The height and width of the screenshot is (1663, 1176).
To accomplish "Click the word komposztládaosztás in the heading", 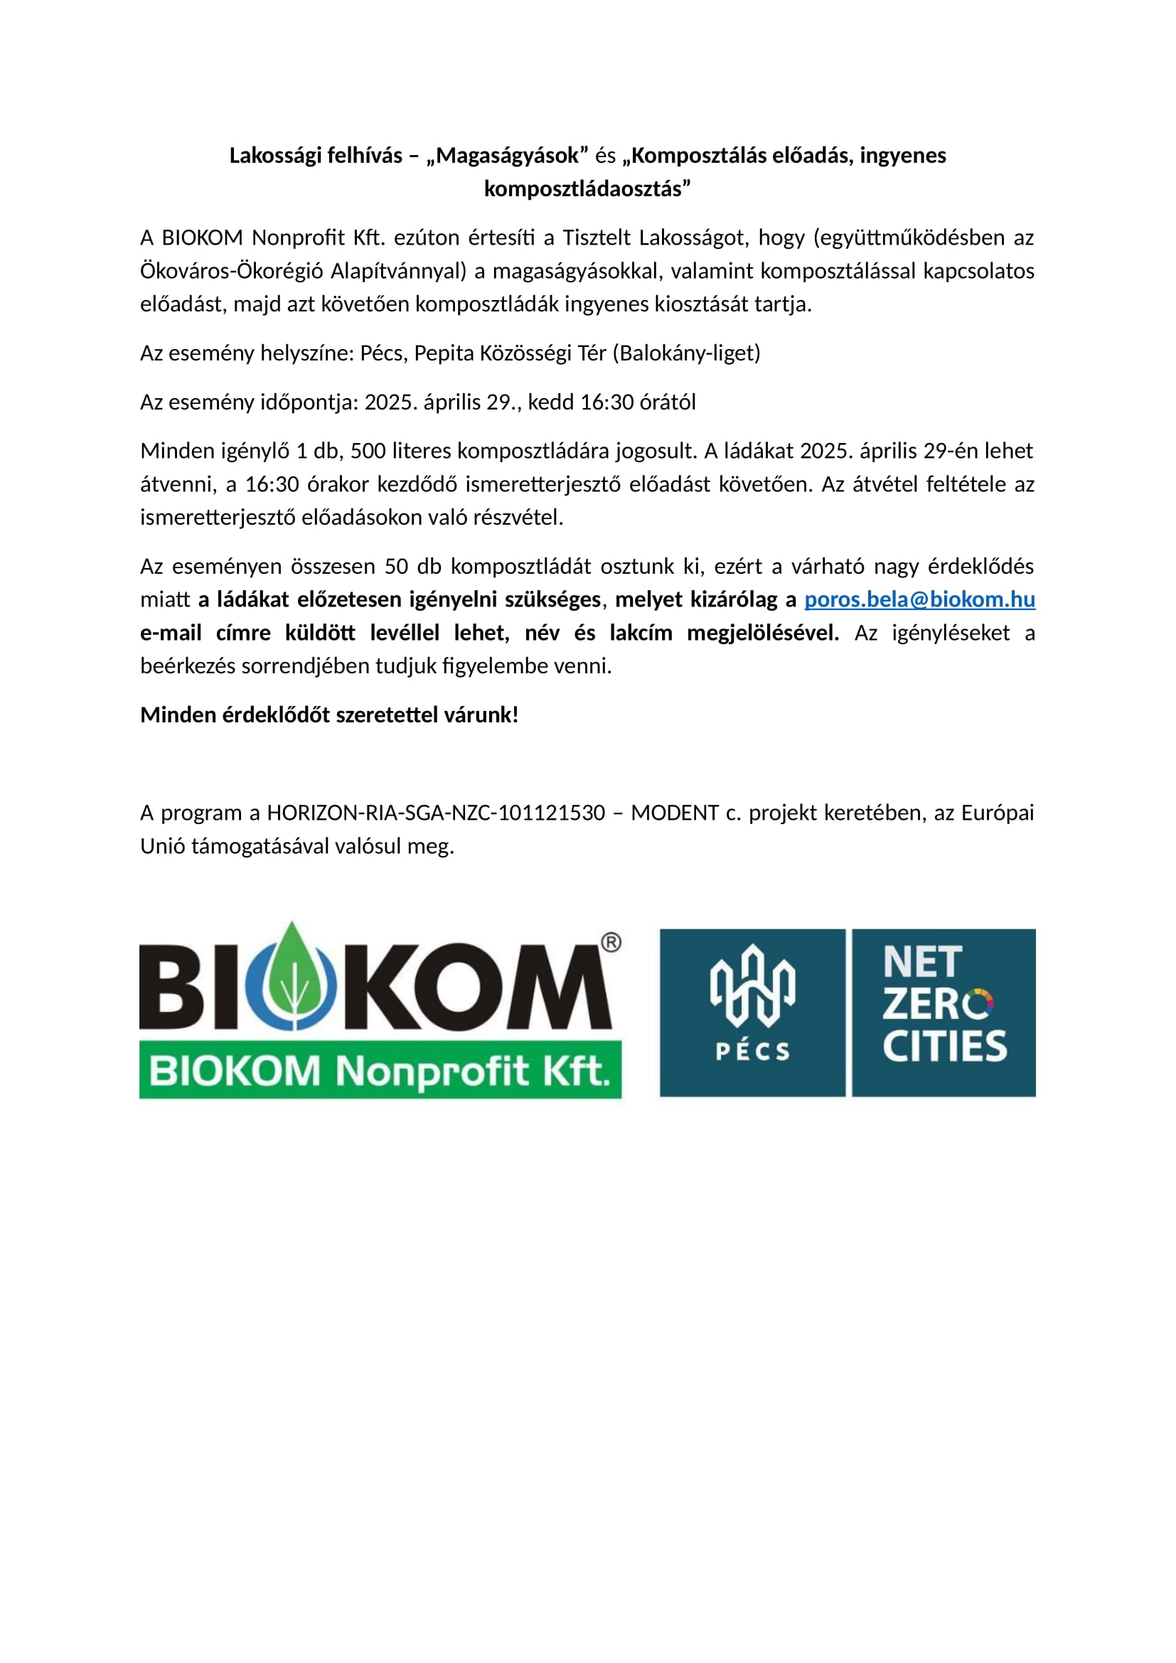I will coord(587,189).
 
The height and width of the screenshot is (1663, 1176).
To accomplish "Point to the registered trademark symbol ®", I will coord(611,941).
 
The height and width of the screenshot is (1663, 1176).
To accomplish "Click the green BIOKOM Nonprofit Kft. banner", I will coord(380,1071).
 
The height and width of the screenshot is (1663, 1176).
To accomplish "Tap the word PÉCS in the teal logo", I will coord(752,1051).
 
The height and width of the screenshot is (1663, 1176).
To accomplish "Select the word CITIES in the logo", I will coord(944,1047).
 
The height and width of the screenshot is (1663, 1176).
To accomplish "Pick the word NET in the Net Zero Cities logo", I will coord(923,963).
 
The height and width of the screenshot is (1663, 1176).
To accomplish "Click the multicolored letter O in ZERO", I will coord(980,1004).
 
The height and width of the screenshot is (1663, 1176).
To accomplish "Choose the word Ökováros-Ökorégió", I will coord(231,272).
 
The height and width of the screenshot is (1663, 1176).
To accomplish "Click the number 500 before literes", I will coord(368,451).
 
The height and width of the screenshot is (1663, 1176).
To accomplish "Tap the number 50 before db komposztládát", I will coord(396,567).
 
